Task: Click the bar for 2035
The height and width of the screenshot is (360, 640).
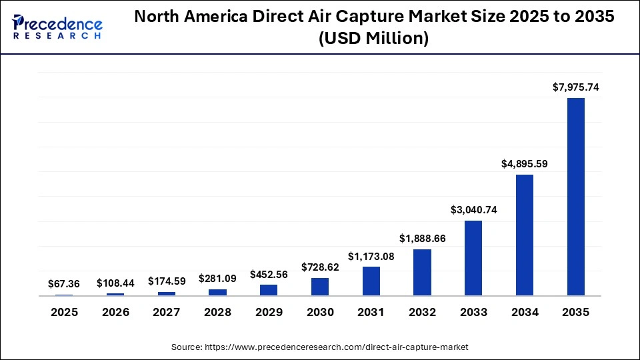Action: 575,197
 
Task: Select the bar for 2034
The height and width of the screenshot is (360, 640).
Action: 525,235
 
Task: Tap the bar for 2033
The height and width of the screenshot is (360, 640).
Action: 473,258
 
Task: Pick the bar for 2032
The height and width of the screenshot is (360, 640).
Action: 422,273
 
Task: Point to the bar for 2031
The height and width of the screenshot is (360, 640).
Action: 371,281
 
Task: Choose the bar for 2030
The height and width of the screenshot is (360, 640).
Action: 320,287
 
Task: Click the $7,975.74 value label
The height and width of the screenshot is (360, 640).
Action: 575,87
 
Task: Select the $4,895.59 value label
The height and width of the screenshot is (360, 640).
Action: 525,164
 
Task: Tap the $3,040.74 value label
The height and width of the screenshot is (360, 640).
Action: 473,210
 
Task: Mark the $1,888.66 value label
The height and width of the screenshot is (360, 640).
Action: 422,239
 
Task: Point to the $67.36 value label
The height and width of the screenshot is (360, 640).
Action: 64,284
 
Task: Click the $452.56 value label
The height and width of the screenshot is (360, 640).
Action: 269,274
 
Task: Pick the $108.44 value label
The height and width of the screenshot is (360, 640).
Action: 115,283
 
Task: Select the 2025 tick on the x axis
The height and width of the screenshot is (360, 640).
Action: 64,312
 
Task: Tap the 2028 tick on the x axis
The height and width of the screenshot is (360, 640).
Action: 217,312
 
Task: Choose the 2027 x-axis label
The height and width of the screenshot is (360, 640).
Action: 167,312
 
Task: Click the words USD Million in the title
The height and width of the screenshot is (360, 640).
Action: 373,39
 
